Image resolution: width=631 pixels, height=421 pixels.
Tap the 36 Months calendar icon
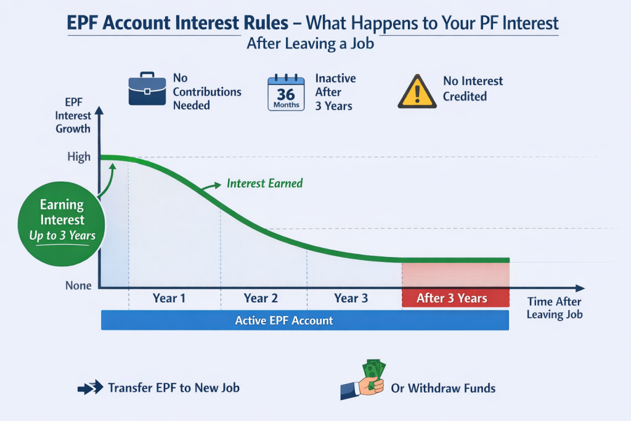pyautogui.click(x=286, y=93)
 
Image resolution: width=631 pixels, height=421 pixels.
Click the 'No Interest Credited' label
pyautogui.click(x=473, y=89)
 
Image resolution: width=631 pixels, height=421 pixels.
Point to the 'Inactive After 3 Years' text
pyautogui.click(x=335, y=92)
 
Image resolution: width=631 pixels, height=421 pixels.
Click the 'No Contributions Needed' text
pyautogui.click(x=207, y=92)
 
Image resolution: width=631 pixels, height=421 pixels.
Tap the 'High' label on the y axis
pyautogui.click(x=79, y=157)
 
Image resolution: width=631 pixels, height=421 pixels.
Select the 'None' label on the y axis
pyautogui.click(x=79, y=286)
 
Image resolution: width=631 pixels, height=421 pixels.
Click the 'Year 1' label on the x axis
pyautogui.click(x=169, y=298)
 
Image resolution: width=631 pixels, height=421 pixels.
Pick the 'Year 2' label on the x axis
pyautogui.click(x=261, y=298)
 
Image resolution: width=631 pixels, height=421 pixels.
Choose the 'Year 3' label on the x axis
pyautogui.click(x=351, y=298)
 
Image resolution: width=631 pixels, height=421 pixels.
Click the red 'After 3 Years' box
pyautogui.click(x=455, y=298)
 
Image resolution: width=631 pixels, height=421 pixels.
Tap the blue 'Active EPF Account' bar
pyautogui.click(x=304, y=321)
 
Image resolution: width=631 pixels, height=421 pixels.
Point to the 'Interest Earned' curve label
pyautogui.click(x=264, y=184)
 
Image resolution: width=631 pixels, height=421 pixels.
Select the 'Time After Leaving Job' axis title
pyautogui.click(x=555, y=308)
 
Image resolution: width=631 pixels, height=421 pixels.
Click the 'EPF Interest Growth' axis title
pyautogui.click(x=73, y=115)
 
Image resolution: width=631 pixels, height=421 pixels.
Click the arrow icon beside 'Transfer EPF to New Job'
pyautogui.click(x=90, y=388)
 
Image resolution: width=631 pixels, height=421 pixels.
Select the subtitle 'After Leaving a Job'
pyautogui.click(x=310, y=44)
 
